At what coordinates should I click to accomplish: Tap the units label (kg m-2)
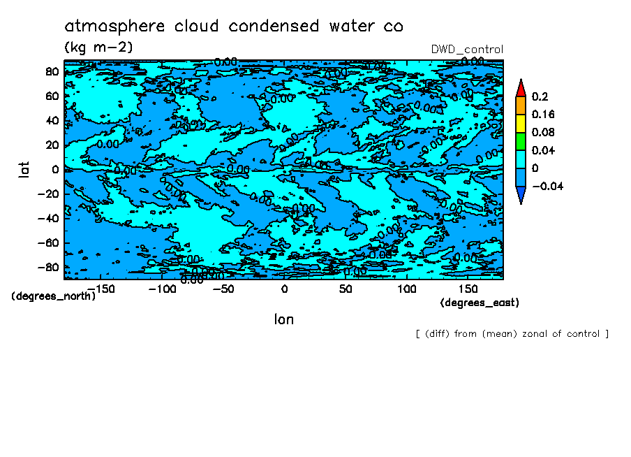point(98,48)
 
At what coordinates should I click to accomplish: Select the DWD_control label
point(467,49)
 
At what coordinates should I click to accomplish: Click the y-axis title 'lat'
point(24,168)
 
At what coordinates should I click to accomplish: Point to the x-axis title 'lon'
point(283,319)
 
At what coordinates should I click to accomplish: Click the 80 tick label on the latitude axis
point(52,71)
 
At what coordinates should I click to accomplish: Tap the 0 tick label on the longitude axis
point(284,289)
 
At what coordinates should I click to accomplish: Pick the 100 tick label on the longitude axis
point(407,289)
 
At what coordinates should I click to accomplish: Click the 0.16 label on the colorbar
point(542,114)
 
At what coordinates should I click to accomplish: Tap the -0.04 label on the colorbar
point(547,186)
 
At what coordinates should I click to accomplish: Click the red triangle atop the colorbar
point(520,87)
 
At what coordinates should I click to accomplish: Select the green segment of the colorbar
point(520,141)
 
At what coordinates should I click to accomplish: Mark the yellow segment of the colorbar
point(520,123)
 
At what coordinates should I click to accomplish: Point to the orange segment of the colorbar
point(520,105)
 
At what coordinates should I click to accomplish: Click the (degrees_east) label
point(480,303)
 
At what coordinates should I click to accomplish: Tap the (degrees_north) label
point(53,296)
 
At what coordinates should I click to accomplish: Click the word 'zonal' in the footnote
point(533,334)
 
